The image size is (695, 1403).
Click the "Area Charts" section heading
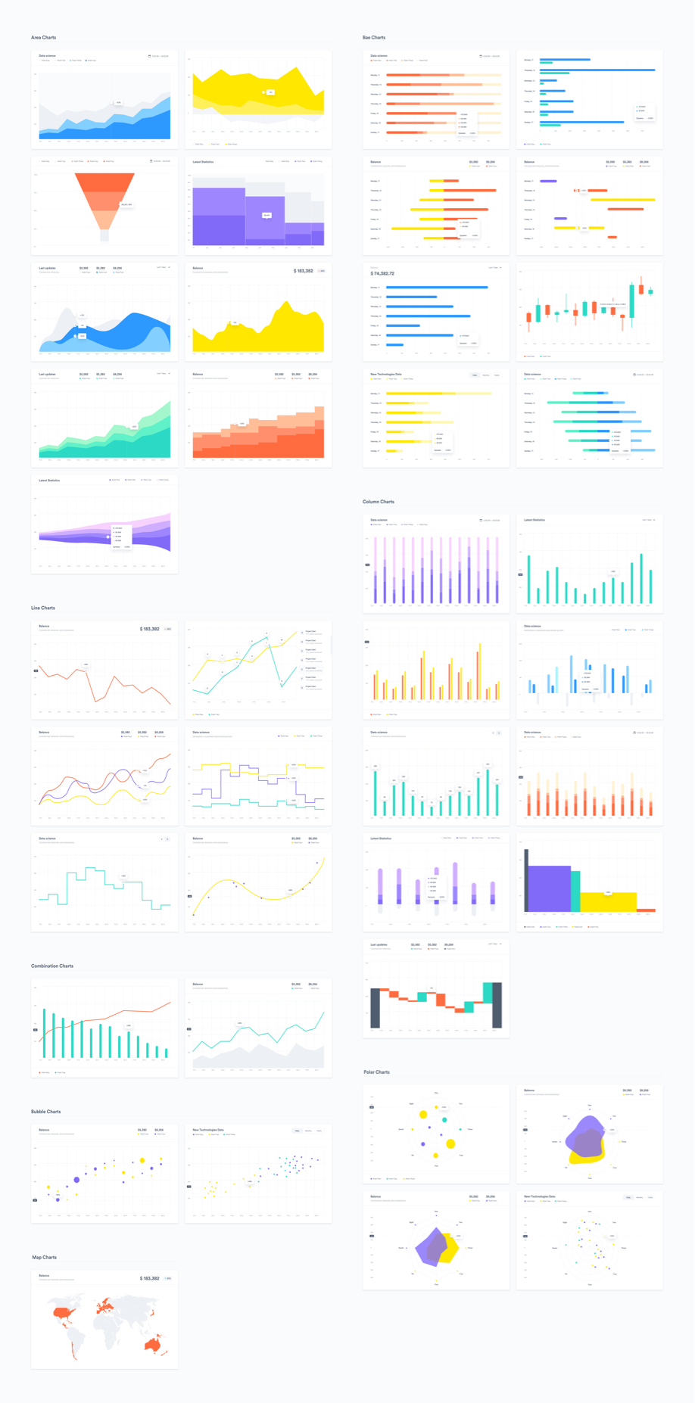43,37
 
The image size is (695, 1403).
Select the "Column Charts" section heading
378,502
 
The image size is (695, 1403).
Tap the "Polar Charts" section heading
376,1072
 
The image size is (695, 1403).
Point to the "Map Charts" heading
44,1257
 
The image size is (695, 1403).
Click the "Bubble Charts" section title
45,1112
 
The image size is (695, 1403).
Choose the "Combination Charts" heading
51,966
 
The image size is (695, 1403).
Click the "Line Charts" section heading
42,608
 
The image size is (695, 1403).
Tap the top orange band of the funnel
104,181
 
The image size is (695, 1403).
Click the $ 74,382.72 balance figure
382,274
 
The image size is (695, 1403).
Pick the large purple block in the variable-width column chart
549,888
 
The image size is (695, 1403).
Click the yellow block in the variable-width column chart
608,901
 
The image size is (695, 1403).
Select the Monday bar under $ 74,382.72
437,288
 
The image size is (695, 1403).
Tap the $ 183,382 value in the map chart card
149,1278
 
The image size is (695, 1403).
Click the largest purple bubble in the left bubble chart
76,1180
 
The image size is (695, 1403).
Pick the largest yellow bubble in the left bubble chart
142,1160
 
